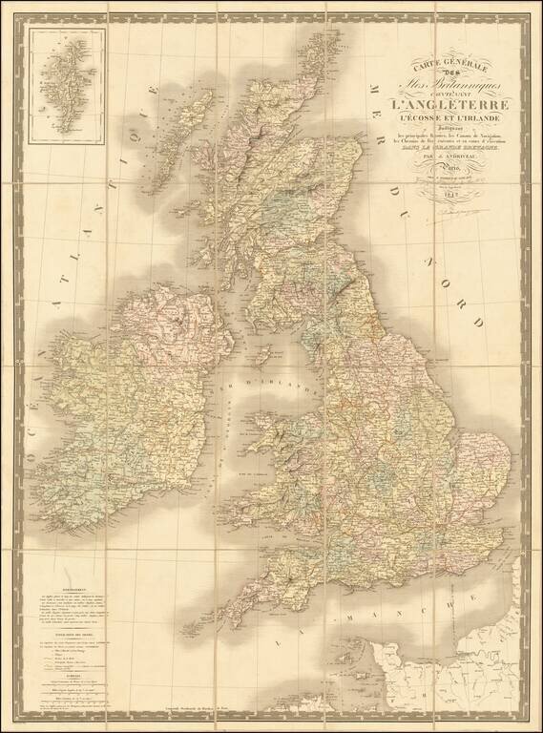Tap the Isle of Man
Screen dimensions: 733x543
pyautogui.click(x=256, y=363)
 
